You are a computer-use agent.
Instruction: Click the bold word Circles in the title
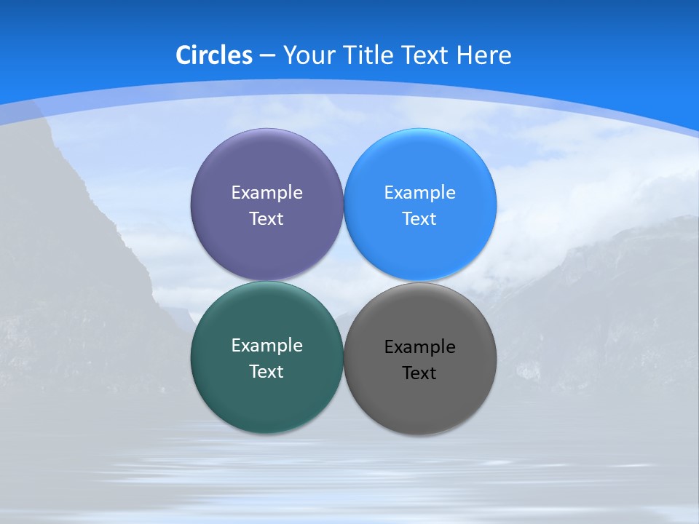point(213,55)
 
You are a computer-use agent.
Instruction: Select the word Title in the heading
point(369,55)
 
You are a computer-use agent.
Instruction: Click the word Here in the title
point(483,55)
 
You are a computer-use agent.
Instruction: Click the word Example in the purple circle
point(266,193)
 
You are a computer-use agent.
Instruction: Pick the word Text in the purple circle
point(266,219)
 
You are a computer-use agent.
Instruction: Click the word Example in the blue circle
point(420,193)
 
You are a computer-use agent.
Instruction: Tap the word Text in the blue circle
point(420,219)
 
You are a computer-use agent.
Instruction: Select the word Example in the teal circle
point(266,346)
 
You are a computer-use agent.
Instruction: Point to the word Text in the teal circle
point(266,372)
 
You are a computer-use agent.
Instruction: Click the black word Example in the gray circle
point(420,347)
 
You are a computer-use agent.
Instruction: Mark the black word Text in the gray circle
point(420,373)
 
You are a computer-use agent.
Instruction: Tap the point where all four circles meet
point(344,282)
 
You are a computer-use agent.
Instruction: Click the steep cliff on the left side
point(66,255)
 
